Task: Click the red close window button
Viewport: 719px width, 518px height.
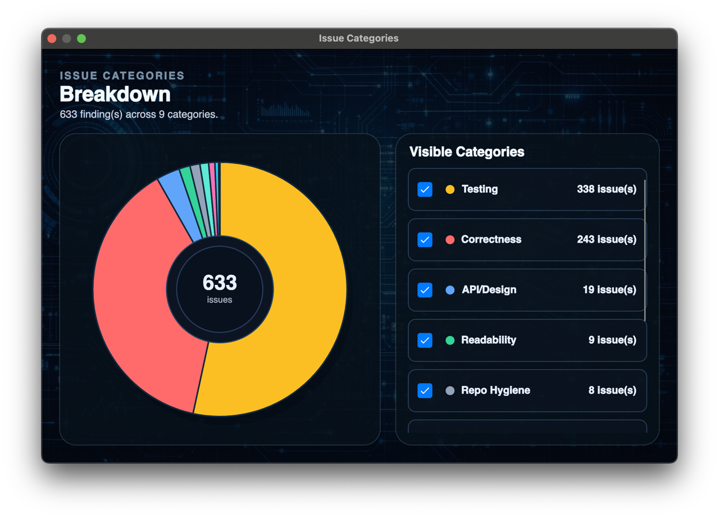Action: pos(52,39)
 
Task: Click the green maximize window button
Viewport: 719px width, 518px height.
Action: pos(81,39)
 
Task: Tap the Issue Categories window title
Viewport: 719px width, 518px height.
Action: pos(358,38)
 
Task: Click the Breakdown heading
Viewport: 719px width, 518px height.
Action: pos(115,94)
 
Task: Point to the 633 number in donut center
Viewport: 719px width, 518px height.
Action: pos(220,283)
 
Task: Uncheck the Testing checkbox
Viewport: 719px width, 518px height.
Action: pos(425,189)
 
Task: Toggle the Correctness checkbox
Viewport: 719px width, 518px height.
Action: pos(425,240)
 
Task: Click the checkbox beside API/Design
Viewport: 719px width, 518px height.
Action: pos(425,290)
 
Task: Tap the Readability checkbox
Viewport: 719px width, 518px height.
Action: pos(425,340)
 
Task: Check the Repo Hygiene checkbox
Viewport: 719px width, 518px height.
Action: pos(425,390)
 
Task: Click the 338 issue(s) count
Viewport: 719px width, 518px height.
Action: pos(607,189)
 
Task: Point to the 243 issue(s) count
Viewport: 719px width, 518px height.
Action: pos(607,239)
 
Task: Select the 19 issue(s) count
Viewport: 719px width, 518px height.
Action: pos(609,290)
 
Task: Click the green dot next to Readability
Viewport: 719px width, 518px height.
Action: pos(450,340)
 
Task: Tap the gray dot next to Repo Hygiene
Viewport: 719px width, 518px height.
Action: pos(450,390)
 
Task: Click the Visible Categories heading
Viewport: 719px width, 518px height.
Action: pos(467,152)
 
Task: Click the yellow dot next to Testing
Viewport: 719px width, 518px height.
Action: pos(450,189)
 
